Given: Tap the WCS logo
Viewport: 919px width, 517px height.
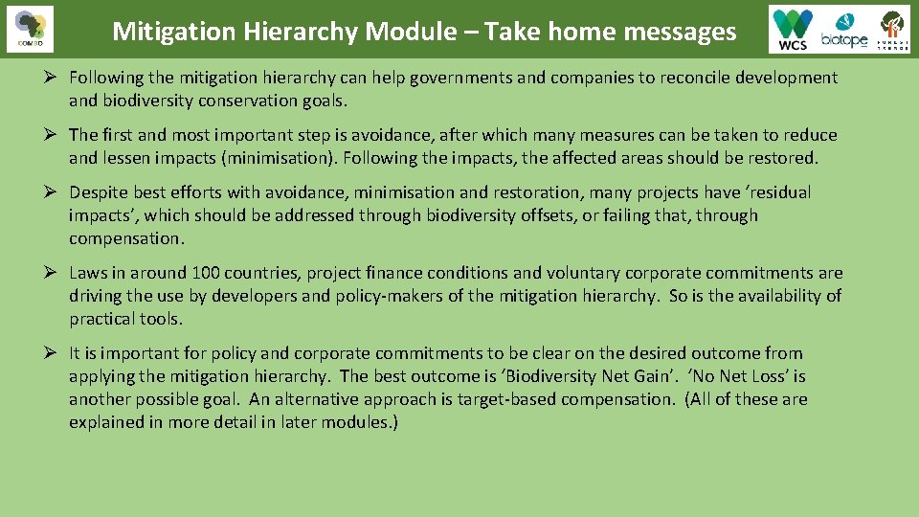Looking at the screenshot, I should tap(793, 30).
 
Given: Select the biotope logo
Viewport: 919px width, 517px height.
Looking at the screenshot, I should tap(843, 31).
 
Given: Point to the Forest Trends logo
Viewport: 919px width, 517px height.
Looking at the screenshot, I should tap(892, 30).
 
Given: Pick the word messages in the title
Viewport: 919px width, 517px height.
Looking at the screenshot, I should tap(680, 32).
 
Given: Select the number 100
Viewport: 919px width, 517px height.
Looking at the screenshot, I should tap(203, 273).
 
